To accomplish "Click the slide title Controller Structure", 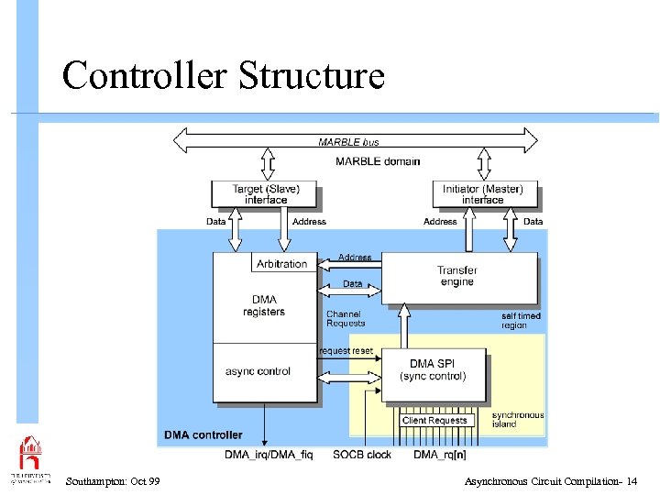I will click(223, 75).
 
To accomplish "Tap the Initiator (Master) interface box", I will click(483, 194).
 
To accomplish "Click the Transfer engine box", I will click(458, 276).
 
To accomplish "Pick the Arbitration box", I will click(281, 264).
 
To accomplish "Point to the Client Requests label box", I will click(434, 421).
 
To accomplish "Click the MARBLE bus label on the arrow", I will click(348, 142).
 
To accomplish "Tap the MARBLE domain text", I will click(378, 162).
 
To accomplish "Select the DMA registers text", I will click(264, 306).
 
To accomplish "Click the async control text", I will click(258, 371).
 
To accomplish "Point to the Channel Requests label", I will click(346, 318).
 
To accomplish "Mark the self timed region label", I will click(521, 321).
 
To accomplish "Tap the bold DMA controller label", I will click(203, 434).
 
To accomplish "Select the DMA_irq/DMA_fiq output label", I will click(269, 455).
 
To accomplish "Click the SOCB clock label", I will click(362, 455).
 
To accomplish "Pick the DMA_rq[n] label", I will click(439, 455).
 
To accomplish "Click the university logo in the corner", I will click(31, 459).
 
